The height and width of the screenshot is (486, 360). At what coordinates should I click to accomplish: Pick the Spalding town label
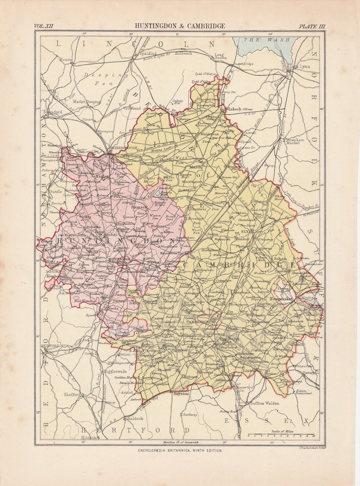tap(148, 53)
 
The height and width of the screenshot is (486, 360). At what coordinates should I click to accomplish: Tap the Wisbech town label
tap(233, 109)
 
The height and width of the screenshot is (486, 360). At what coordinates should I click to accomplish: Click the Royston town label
tap(181, 394)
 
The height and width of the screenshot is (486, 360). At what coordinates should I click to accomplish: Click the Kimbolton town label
tap(56, 276)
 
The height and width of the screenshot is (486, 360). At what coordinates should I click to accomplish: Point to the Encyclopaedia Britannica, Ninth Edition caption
tap(180, 450)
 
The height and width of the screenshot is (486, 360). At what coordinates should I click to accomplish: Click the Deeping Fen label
tap(103, 79)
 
